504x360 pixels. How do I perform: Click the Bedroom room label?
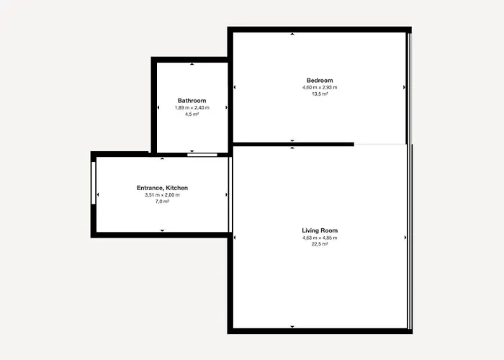[320, 81]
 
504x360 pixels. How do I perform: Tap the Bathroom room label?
[192, 101]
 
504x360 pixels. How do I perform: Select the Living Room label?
[320, 230]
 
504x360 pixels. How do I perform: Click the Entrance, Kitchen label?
[162, 188]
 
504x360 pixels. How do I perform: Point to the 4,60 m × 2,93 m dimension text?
[320, 87]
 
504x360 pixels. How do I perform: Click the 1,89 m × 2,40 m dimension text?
[192, 108]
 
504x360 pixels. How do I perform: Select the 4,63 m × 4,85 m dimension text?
[320, 238]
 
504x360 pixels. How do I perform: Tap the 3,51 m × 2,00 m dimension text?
[162, 195]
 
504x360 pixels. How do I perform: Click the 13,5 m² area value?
[320, 94]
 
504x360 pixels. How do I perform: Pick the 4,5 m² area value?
[192, 114]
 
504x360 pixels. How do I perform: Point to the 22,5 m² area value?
[320, 244]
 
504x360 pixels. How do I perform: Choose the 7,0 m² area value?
[162, 202]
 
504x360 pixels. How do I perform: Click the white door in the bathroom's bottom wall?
[202, 155]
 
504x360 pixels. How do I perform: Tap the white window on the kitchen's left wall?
[94, 183]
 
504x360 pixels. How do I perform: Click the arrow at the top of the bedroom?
[292, 34]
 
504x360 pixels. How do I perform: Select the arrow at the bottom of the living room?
[292, 327]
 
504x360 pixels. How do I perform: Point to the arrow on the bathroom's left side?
[158, 108]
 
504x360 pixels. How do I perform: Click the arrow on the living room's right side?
[405, 238]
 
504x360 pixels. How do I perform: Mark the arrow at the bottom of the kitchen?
[162, 230]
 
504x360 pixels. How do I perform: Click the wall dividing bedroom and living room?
[294, 144]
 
